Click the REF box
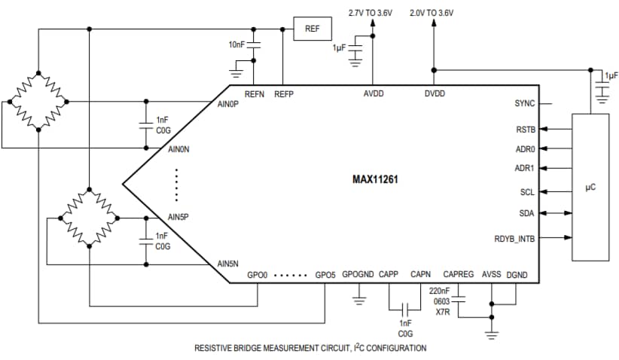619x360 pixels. coord(313,29)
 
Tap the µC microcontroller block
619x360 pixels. coord(590,186)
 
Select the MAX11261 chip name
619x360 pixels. coord(375,179)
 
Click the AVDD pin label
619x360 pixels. coord(372,94)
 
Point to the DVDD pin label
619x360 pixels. coord(435,94)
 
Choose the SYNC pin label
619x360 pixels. coord(524,104)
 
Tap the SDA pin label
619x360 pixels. coord(526,213)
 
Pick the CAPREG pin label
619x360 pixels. coord(459,275)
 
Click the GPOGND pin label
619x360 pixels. coord(358,275)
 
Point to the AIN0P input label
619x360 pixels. coord(227,104)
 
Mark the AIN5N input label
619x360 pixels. coord(227,264)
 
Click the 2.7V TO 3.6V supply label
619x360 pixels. coord(370,13)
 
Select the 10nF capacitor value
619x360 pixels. coord(237,45)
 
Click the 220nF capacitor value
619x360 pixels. coord(440,290)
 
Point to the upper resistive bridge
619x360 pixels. coord(35,100)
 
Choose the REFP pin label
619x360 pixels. coord(284,94)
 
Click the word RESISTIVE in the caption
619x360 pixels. coord(215,348)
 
